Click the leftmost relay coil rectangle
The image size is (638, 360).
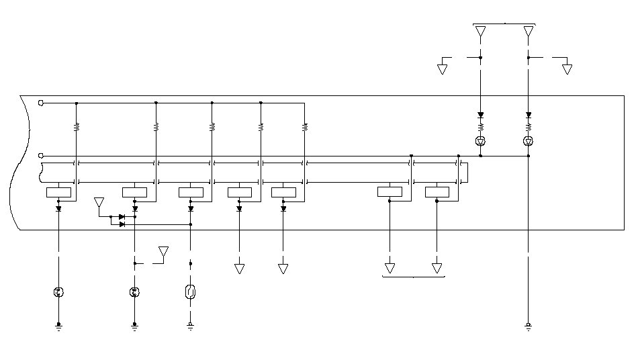[x=58, y=193]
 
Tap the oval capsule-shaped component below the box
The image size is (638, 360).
[x=190, y=292]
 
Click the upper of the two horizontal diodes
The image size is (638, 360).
[x=122, y=217]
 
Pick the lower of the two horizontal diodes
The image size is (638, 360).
[x=122, y=224]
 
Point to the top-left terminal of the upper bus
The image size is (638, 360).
[x=41, y=103]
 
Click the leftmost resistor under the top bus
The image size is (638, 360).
[x=77, y=126]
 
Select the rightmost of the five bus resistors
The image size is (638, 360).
[x=305, y=126]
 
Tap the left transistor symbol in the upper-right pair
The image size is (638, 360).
[x=480, y=141]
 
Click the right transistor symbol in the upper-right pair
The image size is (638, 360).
[x=529, y=141]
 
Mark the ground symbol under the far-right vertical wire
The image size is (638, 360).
[x=529, y=326]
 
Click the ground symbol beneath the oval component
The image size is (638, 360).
[x=190, y=326]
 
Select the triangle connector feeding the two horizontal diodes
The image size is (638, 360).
[x=99, y=202]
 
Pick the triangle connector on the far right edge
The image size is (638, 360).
[x=567, y=69]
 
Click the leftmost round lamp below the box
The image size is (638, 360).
[x=58, y=292]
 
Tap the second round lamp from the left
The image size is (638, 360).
[x=135, y=292]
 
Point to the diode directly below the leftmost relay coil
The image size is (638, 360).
[x=58, y=208]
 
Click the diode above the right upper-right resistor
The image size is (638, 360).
[x=529, y=115]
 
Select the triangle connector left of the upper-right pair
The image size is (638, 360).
[x=443, y=69]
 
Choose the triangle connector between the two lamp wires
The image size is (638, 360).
[x=163, y=252]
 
